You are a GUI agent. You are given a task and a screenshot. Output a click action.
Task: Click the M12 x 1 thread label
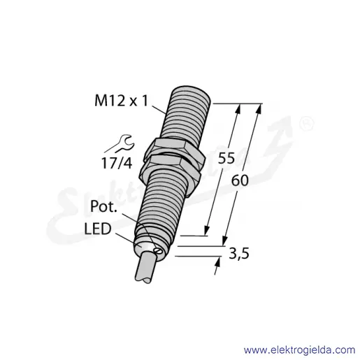coord(121,101)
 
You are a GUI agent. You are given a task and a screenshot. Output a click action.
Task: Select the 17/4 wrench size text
coord(117,163)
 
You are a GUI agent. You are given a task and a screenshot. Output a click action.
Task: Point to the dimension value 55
coord(226,159)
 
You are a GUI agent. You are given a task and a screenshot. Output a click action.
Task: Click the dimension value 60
coord(240,180)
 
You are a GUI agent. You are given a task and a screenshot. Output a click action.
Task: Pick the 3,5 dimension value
coord(239,253)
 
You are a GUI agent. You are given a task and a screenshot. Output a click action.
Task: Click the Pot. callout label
coord(103,206)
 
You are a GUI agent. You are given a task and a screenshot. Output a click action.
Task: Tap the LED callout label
coord(98,229)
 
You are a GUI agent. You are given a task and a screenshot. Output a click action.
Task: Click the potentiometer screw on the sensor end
coord(157,251)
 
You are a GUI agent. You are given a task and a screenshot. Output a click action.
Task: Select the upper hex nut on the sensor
coord(175,149)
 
